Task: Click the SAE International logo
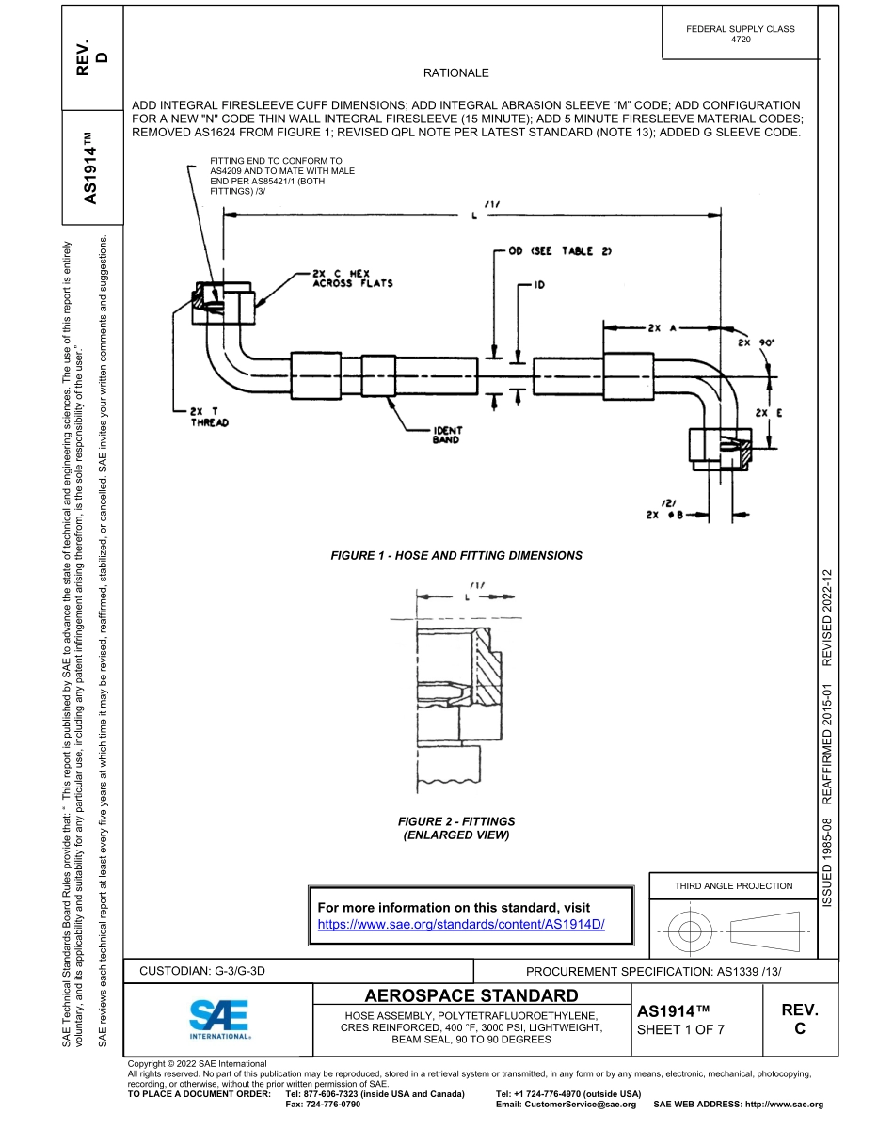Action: point(218,1019)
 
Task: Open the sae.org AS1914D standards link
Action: point(460,924)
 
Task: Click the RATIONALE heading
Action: point(456,72)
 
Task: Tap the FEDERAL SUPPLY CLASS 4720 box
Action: point(741,35)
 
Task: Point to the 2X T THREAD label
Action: point(209,417)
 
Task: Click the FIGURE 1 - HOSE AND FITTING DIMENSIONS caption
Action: point(456,556)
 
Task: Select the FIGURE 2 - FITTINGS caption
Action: point(456,828)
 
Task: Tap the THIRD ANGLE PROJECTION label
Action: point(733,885)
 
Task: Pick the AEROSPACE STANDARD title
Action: point(471,995)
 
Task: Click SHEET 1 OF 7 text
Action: point(680,1029)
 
